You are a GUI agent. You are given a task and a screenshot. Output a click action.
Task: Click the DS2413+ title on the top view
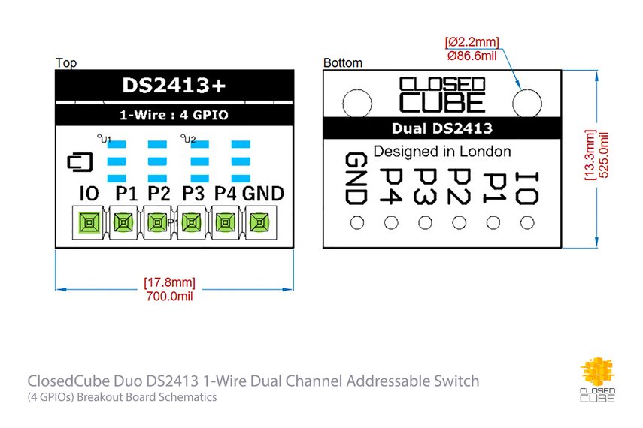coord(174,87)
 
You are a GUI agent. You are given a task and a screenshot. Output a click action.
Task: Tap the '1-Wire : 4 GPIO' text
coord(174,116)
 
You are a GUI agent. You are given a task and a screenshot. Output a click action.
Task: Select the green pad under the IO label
coord(89,222)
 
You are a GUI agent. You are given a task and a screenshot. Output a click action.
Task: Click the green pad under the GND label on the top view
coord(259,222)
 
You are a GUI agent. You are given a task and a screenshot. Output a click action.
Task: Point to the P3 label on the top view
coord(193,194)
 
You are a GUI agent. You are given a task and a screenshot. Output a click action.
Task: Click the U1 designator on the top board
coord(105,140)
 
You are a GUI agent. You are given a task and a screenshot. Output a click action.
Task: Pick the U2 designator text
coord(188,140)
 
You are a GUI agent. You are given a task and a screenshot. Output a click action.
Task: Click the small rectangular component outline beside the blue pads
coord(79,161)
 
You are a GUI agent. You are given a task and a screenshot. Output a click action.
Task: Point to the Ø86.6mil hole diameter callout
coord(472,55)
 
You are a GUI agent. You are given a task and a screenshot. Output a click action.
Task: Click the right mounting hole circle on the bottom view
coord(527,102)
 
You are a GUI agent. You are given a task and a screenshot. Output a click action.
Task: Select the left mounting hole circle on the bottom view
coord(355,102)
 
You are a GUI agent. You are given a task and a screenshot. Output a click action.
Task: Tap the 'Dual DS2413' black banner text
coord(441,128)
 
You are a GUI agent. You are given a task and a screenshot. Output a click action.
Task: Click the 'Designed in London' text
coord(441,151)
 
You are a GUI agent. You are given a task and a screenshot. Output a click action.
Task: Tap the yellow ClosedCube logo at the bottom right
coord(599,375)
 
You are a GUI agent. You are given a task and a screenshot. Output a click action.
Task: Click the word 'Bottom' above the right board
coord(342,63)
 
